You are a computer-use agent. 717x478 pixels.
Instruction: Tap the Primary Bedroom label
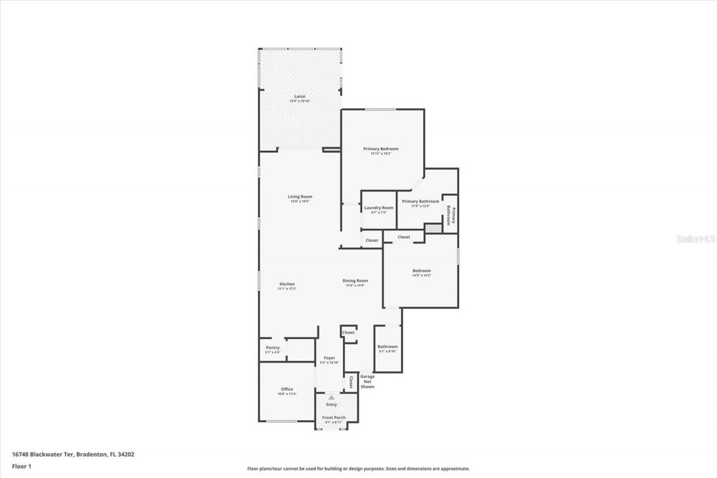381,148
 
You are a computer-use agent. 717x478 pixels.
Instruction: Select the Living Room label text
300,197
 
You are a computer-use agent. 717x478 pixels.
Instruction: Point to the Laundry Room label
379,207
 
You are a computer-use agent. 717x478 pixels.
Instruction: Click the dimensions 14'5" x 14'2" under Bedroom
421,276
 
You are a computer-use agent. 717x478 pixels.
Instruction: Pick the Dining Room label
355,281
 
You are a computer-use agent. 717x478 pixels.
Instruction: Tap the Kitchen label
286,284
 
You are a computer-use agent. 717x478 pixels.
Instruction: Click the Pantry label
273,347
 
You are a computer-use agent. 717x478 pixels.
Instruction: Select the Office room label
287,389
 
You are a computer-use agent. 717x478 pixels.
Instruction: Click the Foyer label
329,358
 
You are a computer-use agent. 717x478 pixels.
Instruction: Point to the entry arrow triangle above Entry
331,397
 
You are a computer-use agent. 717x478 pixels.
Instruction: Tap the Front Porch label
333,417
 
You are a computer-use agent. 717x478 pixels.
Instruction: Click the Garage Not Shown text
367,382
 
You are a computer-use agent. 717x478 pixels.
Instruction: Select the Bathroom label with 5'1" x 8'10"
388,346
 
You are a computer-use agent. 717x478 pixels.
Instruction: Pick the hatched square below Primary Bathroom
432,229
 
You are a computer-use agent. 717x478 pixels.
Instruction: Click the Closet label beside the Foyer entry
351,382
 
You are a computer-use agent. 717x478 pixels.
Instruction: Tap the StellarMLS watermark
696,239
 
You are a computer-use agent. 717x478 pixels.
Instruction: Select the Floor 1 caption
22,466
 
